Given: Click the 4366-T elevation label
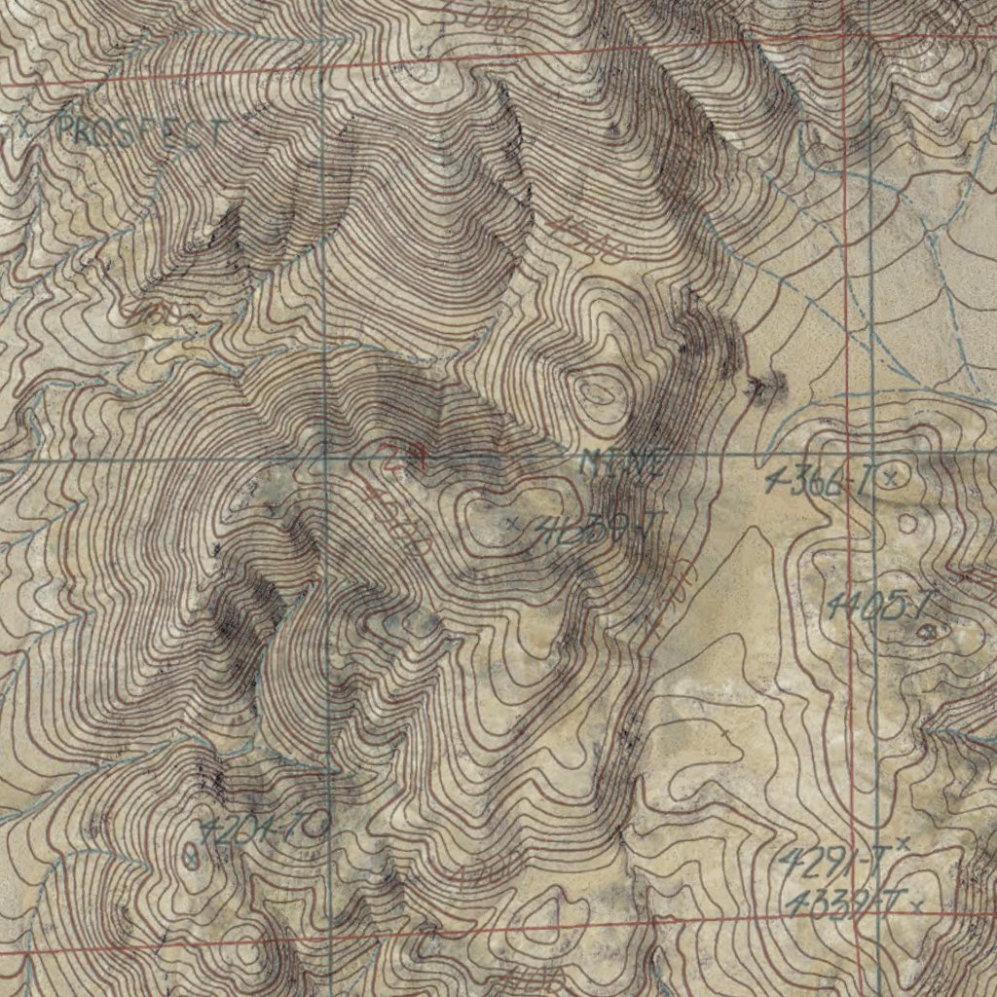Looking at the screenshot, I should coord(820,479).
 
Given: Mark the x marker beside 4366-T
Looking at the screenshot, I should coord(890,476).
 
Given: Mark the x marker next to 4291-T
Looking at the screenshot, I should coord(903,841).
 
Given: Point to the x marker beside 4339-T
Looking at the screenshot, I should coord(916,906).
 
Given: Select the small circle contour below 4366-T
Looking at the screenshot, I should coord(907,523).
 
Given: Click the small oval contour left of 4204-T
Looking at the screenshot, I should coord(192,857).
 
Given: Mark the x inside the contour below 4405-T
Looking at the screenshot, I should coord(929,632).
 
